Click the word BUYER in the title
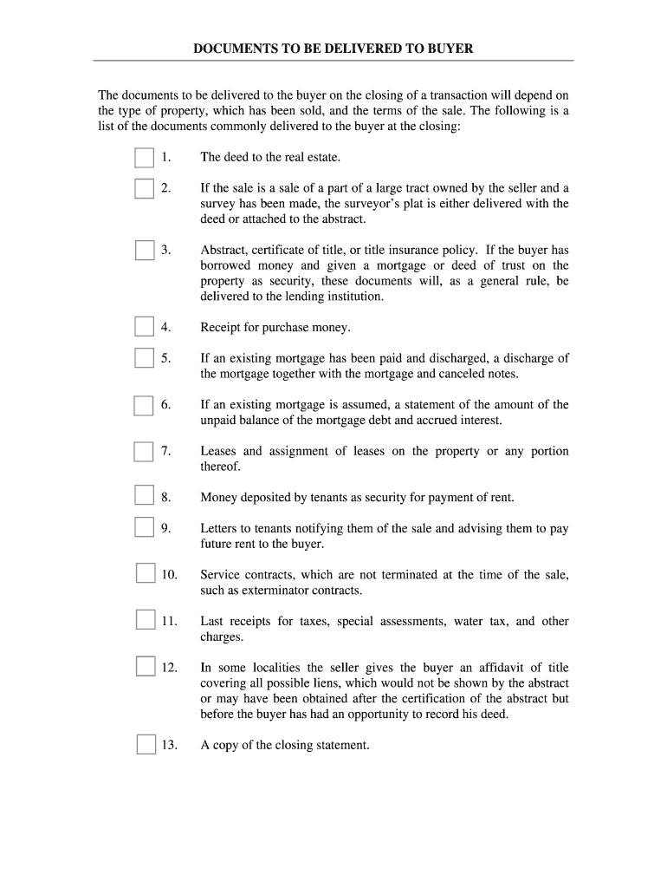click(450, 49)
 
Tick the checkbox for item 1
click(145, 157)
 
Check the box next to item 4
click(145, 327)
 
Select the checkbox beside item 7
click(144, 451)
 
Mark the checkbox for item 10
click(145, 574)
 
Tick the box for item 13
click(146, 744)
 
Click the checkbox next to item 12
click(145, 667)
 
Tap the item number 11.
click(169, 621)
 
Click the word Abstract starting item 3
click(223, 250)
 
